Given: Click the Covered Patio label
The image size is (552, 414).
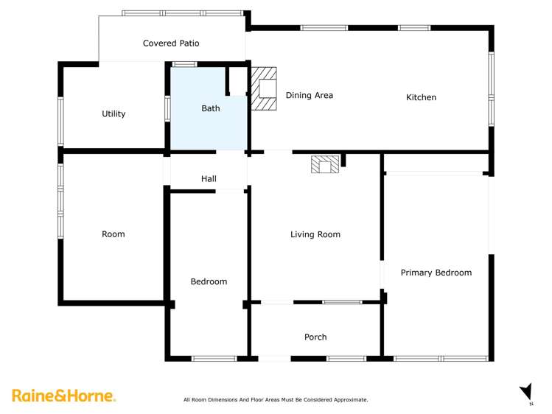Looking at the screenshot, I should (x=171, y=43).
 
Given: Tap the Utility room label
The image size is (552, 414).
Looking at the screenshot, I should (x=113, y=114).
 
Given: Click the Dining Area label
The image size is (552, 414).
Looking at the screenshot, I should (x=310, y=95).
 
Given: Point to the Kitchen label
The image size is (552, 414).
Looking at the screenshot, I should (x=422, y=97).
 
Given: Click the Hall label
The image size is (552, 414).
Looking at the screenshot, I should (x=209, y=179).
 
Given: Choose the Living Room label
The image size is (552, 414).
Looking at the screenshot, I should (x=315, y=234).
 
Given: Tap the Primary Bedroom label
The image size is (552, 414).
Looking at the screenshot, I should (x=436, y=273).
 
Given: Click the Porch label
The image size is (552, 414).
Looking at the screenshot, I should (x=315, y=337).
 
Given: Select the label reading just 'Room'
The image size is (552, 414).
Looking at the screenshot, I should (x=113, y=234).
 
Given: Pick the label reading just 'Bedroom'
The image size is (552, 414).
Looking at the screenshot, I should (x=209, y=281).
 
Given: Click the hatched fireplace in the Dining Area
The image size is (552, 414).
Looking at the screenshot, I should (x=263, y=88).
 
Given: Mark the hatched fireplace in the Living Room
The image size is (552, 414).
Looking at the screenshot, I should (x=325, y=164).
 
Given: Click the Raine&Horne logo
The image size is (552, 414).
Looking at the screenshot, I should (x=63, y=396).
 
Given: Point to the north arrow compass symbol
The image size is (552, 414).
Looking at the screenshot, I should (x=525, y=393).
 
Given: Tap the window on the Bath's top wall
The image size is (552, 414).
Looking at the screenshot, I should (x=184, y=64).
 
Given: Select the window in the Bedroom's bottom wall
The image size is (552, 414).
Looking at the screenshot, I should (x=214, y=359).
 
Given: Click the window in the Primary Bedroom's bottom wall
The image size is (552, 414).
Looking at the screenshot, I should (x=441, y=359).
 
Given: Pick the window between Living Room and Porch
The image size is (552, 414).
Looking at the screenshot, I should (x=342, y=301).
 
